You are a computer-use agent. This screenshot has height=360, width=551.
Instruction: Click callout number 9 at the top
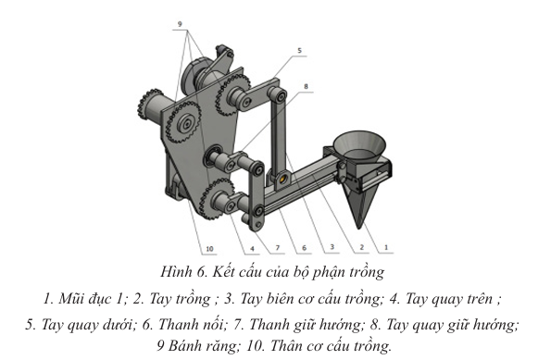click(x=180, y=24)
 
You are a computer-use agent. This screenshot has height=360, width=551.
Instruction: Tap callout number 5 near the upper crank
click(x=299, y=51)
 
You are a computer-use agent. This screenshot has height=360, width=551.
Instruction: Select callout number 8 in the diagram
click(x=306, y=86)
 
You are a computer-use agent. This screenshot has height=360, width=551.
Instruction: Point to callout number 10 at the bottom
click(x=209, y=249)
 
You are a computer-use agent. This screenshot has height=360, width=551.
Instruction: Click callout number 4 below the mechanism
click(x=252, y=249)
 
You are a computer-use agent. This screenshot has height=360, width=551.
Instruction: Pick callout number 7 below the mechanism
click(x=277, y=248)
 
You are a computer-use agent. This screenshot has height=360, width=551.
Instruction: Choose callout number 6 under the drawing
click(x=305, y=248)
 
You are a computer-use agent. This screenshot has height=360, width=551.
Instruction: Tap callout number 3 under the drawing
click(x=332, y=247)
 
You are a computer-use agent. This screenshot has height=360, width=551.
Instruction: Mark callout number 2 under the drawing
click(x=361, y=248)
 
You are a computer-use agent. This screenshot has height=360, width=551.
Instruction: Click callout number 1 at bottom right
click(x=386, y=247)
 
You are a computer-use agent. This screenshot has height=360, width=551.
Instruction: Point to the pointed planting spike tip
click(x=358, y=227)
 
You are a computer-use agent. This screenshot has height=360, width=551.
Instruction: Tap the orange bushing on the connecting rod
click(x=282, y=180)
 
